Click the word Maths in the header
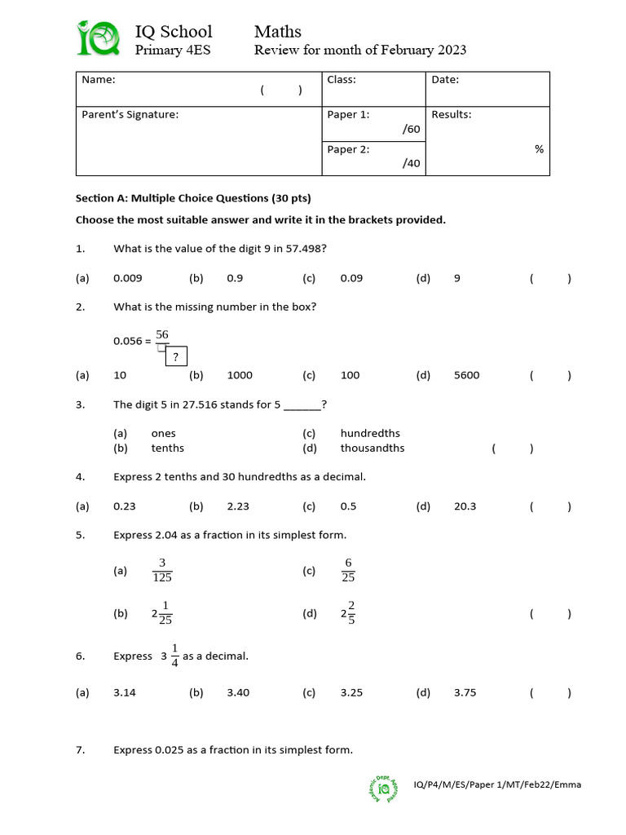click(277, 32)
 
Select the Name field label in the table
click(99, 80)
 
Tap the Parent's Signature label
click(130, 115)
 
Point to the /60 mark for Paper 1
click(411, 129)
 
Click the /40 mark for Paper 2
click(411, 163)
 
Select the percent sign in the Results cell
click(539, 149)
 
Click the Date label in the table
click(445, 80)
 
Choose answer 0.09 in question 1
click(351, 278)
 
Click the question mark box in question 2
click(175, 356)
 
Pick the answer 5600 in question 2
click(466, 376)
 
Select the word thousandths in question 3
click(372, 448)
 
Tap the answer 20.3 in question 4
click(465, 506)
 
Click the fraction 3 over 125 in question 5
click(162, 571)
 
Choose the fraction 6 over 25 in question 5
click(349, 571)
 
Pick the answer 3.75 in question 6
click(465, 693)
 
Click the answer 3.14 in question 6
click(125, 693)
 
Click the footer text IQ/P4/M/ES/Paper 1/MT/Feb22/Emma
click(497, 785)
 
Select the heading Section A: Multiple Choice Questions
click(193, 198)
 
